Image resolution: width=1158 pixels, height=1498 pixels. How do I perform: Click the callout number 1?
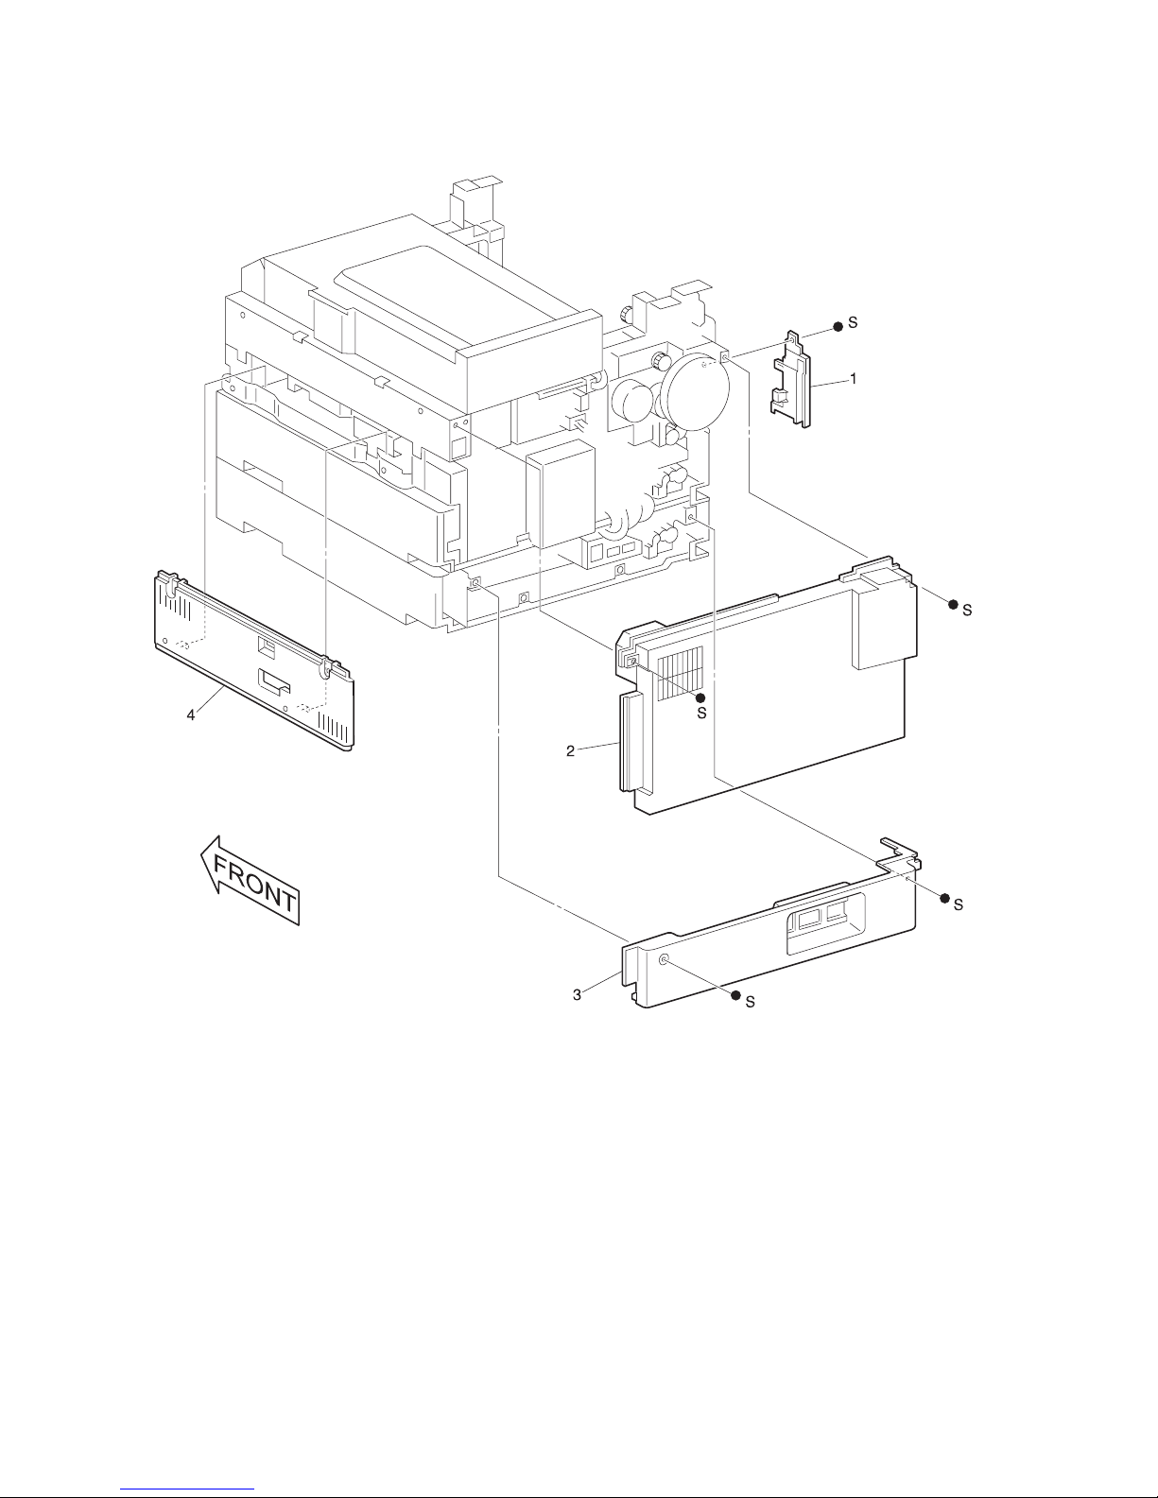[x=854, y=378]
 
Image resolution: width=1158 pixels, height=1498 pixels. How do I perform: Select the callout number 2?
[x=570, y=750]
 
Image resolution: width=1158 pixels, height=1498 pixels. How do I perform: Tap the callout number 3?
[x=577, y=995]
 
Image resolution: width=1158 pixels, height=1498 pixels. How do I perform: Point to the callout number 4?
[x=191, y=715]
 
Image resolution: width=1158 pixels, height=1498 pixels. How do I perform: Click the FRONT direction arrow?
[x=251, y=880]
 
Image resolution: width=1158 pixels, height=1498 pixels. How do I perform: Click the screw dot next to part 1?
[x=838, y=326]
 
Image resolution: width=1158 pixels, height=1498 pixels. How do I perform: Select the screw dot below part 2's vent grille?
[x=701, y=697]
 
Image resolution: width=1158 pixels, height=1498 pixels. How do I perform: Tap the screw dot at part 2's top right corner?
[x=953, y=604]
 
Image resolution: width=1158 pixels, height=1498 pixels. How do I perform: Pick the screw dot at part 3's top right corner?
[x=944, y=899]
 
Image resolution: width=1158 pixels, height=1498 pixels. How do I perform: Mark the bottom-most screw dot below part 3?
[x=735, y=995]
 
